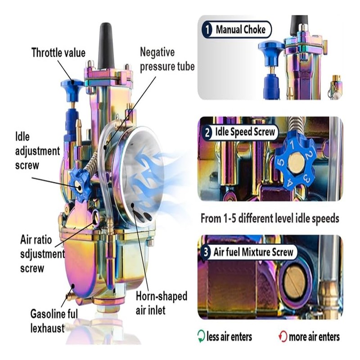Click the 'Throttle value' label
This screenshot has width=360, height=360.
coord(58,53)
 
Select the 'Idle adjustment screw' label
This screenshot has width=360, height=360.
coord(37,150)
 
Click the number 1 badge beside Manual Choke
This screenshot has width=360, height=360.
coord(207,30)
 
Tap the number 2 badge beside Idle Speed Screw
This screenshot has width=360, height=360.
coord(207,133)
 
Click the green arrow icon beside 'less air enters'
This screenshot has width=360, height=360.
coord(201,336)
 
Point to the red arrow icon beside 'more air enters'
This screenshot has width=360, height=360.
coord(283,336)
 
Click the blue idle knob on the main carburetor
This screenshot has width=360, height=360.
coord(80,184)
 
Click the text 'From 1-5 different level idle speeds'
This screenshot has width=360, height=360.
coord(270,219)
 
